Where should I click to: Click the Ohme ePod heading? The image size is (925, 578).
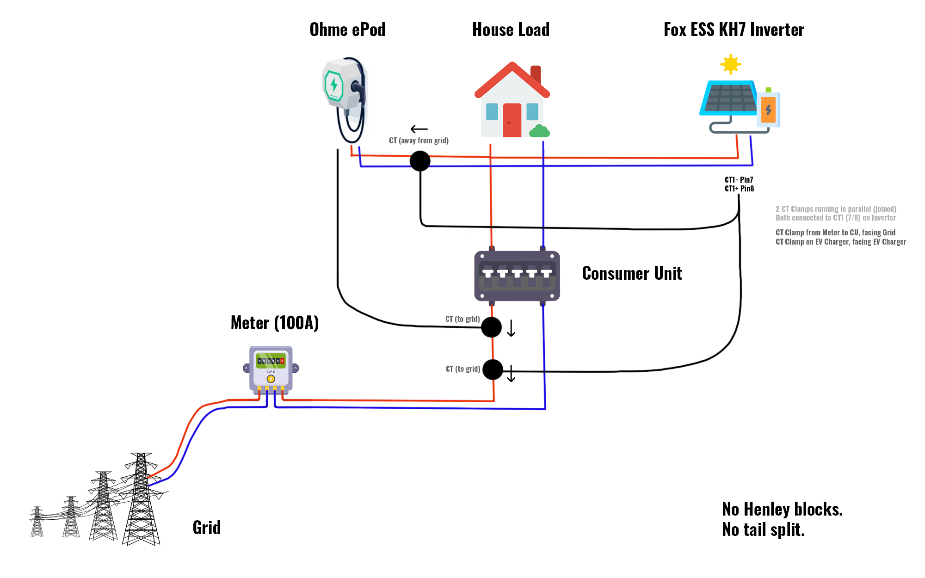tap(347, 30)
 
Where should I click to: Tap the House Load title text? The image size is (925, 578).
tap(511, 30)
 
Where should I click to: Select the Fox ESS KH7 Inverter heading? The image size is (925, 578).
tap(734, 30)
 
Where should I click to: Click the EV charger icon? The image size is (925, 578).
tap(345, 99)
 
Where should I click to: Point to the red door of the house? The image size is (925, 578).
tap(512, 120)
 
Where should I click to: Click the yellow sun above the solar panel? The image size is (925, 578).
tap(731, 64)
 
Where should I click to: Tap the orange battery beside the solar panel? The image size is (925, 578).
tap(768, 110)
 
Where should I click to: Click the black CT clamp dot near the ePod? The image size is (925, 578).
tap(420, 161)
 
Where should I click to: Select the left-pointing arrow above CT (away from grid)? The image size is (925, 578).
tap(419, 129)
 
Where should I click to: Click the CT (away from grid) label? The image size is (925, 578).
tap(419, 141)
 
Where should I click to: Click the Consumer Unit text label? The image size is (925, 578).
tap(632, 273)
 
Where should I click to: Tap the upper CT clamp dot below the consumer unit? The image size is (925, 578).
tap(491, 327)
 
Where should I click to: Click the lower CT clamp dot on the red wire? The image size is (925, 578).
tap(493, 369)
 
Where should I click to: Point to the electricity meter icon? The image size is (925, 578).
tap(271, 370)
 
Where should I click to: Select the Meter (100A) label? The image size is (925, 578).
tap(275, 323)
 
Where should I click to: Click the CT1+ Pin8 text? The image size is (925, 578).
tap(739, 189)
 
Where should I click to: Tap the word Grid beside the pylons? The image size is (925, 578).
tap(207, 528)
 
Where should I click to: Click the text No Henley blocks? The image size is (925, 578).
tap(783, 509)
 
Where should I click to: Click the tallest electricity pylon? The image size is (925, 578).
tap(141, 499)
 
